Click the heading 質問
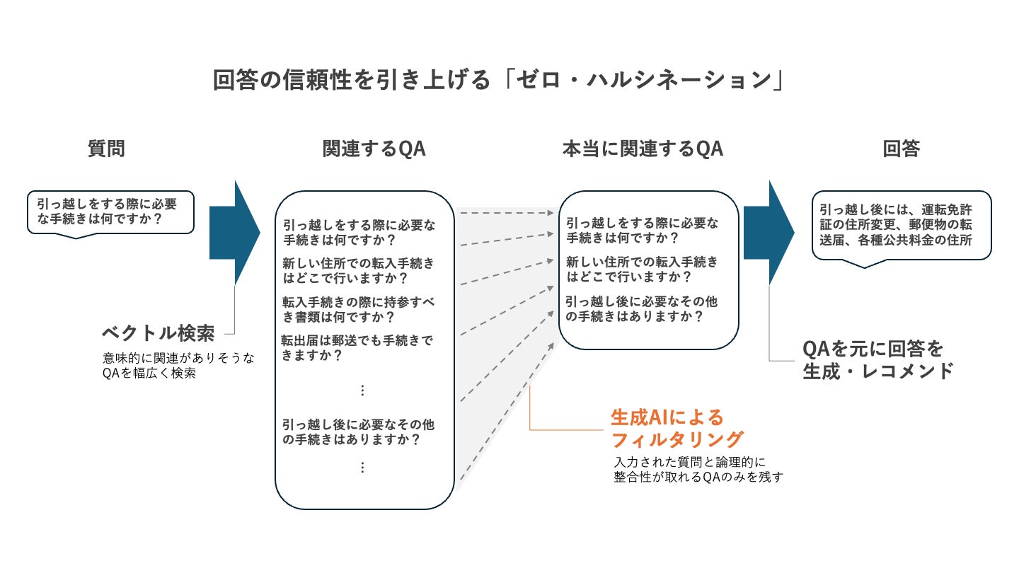pos(106,149)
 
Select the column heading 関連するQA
pos(374,149)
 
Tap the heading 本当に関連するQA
pos(642,149)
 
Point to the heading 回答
pos(901,149)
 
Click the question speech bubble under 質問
pos(110,212)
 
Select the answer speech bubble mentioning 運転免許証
pos(901,225)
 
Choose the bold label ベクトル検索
pos(158,332)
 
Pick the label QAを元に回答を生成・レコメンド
pos(877,359)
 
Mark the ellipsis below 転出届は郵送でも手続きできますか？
pos(362,390)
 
